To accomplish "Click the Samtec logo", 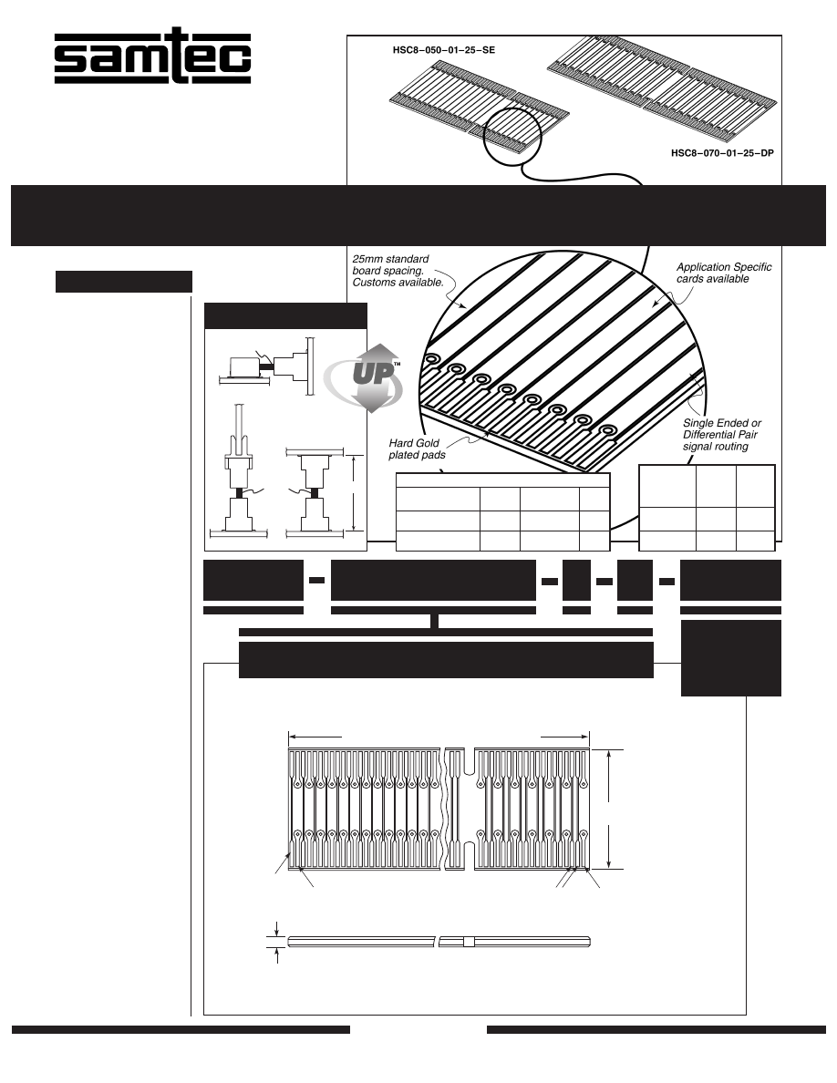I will point(152,60).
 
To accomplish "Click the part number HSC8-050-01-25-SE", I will point(437,53).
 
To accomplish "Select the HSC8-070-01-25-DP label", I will point(716,153).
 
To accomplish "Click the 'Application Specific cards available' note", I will point(724,273).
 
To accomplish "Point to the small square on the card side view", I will point(469,942).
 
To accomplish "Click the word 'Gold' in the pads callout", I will point(427,442).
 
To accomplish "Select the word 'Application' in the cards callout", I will point(703,267).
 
